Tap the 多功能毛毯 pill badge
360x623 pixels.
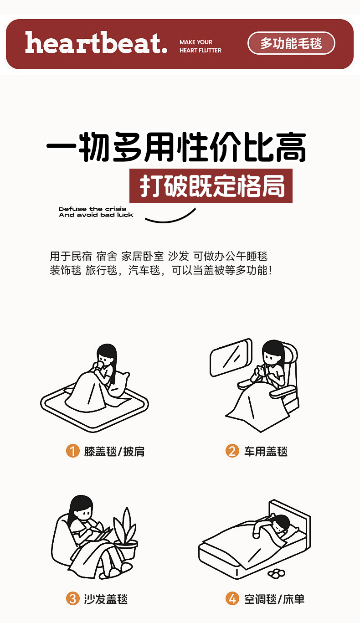point(291,43)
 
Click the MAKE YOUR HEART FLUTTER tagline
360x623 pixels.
point(201,46)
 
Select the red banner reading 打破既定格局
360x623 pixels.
point(211,185)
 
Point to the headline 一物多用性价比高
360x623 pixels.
point(176,147)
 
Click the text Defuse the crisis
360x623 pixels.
point(93,209)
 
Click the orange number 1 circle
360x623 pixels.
point(72,451)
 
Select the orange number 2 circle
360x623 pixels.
point(232,451)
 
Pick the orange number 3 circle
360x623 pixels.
point(72,599)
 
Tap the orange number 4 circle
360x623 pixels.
point(232,599)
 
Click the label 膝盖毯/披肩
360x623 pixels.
point(114,451)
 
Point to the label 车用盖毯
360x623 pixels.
point(266,451)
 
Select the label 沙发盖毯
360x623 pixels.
point(106,599)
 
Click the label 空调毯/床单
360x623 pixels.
point(274,599)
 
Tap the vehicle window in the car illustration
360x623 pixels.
point(231,357)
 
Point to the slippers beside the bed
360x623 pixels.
point(276,573)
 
